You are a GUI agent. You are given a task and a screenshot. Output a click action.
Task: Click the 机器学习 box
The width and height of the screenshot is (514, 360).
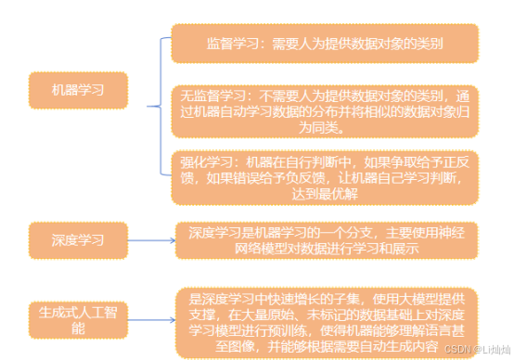click(x=78, y=90)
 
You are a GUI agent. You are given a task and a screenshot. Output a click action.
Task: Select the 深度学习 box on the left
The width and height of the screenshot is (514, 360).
click(x=78, y=240)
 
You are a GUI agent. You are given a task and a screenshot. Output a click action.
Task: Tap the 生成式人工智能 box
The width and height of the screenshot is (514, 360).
click(x=78, y=320)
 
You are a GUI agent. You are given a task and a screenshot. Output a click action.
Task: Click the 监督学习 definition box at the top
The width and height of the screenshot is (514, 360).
click(x=325, y=44)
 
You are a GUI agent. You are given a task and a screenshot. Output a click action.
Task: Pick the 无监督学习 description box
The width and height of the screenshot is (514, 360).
click(x=325, y=111)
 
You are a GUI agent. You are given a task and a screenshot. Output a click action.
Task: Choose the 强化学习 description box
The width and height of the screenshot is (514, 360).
click(x=325, y=178)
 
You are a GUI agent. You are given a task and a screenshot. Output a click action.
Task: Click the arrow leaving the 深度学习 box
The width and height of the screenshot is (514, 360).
click(x=151, y=240)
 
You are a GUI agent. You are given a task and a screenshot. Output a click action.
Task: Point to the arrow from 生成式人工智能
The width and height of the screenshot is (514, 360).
click(x=151, y=320)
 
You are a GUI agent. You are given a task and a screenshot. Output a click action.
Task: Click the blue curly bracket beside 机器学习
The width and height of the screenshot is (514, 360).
click(x=161, y=106)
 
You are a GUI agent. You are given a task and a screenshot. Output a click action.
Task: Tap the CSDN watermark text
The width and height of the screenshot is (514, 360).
click(x=477, y=350)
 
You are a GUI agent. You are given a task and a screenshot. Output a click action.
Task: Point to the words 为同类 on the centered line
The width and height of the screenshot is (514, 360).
click(x=318, y=127)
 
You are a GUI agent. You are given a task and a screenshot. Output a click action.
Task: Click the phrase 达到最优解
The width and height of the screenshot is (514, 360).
click(x=325, y=194)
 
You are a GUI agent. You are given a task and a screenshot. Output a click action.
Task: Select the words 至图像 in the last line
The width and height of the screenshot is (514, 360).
click(x=235, y=346)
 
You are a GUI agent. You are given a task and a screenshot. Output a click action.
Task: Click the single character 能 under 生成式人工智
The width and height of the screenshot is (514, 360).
click(x=78, y=328)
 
